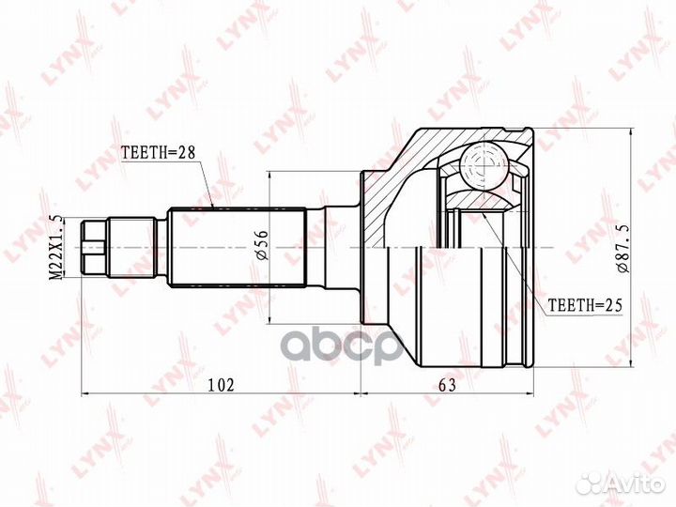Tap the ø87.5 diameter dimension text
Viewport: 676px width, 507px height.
pos(622,247)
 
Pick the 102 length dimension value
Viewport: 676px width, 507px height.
pos(221,384)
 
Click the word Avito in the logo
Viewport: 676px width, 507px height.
pos(636,484)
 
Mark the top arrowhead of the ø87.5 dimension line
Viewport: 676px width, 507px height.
pos(632,131)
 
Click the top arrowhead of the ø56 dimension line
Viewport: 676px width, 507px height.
pos(269,176)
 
